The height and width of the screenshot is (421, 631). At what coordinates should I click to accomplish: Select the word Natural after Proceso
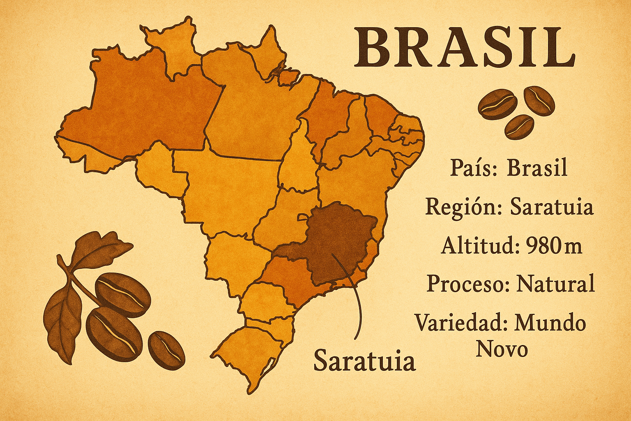tap(555, 284)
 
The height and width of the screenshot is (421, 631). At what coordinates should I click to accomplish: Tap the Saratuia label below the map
tap(364, 361)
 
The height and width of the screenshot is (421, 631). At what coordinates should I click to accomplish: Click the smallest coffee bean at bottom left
tap(166, 350)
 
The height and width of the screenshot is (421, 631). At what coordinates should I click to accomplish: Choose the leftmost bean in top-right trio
tap(497, 104)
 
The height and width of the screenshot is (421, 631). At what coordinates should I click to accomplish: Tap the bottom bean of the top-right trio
tap(519, 127)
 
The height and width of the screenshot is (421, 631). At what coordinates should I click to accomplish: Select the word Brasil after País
tap(537, 168)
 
